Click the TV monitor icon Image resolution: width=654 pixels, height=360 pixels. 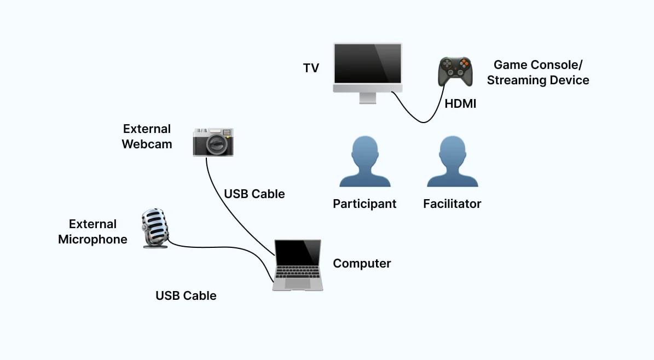pos(368,68)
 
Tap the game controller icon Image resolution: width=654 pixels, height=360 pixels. pos(455,71)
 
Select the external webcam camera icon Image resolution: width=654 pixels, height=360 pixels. pos(213,142)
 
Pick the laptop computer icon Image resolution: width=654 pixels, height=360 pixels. pos(297,265)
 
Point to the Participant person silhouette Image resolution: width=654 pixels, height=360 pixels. pos(364,162)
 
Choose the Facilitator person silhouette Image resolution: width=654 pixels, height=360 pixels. pos(452,162)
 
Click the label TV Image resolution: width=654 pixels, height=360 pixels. pos(311,68)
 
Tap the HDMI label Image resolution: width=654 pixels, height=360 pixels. pos(460,103)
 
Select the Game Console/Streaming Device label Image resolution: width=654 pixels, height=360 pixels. pos(537,73)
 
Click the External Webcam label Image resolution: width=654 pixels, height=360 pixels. pos(147,137)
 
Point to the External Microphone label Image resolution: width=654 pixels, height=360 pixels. pos(92,232)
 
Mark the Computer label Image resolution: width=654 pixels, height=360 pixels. pos(362,264)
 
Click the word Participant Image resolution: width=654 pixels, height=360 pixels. pos(364,204)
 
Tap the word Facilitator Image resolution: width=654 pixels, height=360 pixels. pos(452,204)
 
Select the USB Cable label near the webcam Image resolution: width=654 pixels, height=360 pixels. pos(254,194)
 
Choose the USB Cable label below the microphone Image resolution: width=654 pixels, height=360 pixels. pos(186,296)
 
